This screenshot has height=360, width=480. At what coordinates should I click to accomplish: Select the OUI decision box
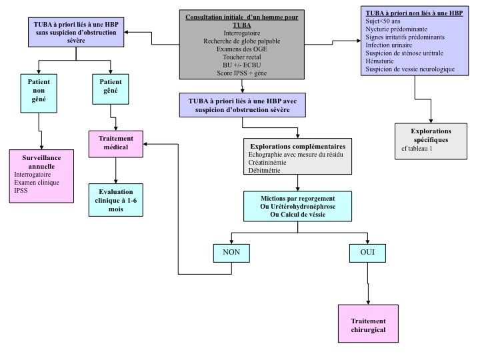tap(367, 253)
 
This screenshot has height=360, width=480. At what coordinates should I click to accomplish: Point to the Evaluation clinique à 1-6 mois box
tap(116, 199)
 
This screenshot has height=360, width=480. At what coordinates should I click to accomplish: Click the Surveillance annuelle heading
tap(41, 161)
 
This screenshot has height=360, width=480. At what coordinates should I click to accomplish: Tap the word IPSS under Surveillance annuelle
tap(22, 190)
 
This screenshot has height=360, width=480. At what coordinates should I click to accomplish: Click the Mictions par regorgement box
tap(298, 207)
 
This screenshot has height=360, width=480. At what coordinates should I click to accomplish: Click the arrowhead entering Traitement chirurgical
tap(368, 303)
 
